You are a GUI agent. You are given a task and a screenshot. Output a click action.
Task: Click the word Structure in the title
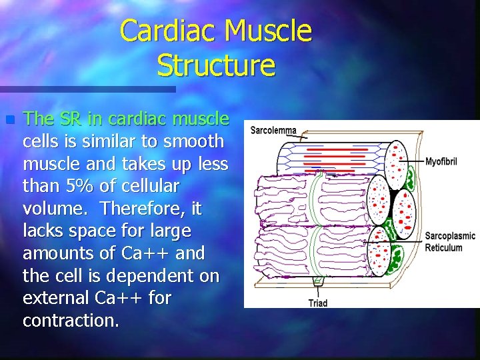click(x=216, y=65)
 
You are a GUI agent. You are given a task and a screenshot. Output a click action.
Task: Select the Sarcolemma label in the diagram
click(x=273, y=130)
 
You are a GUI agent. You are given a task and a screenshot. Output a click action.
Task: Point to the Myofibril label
click(x=441, y=161)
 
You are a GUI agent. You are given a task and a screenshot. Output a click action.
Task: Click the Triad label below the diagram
click(x=318, y=303)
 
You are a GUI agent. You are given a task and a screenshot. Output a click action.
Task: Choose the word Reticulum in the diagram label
click(x=443, y=247)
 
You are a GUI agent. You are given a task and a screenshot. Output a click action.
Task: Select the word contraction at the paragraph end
click(x=71, y=321)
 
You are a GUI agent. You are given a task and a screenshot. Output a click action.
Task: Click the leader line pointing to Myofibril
click(x=417, y=161)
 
